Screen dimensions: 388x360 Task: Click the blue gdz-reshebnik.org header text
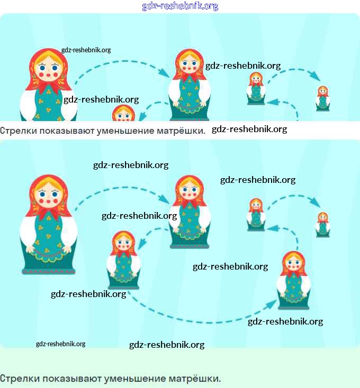point(180,6)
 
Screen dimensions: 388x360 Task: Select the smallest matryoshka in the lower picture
point(322,224)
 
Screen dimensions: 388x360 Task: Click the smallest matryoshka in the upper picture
point(322,98)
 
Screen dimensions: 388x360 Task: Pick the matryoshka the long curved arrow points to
point(293,280)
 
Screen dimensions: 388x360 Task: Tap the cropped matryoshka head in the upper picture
point(124,113)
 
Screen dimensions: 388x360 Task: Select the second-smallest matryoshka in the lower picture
point(256,214)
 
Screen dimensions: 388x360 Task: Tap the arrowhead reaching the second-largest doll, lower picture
point(166,201)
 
